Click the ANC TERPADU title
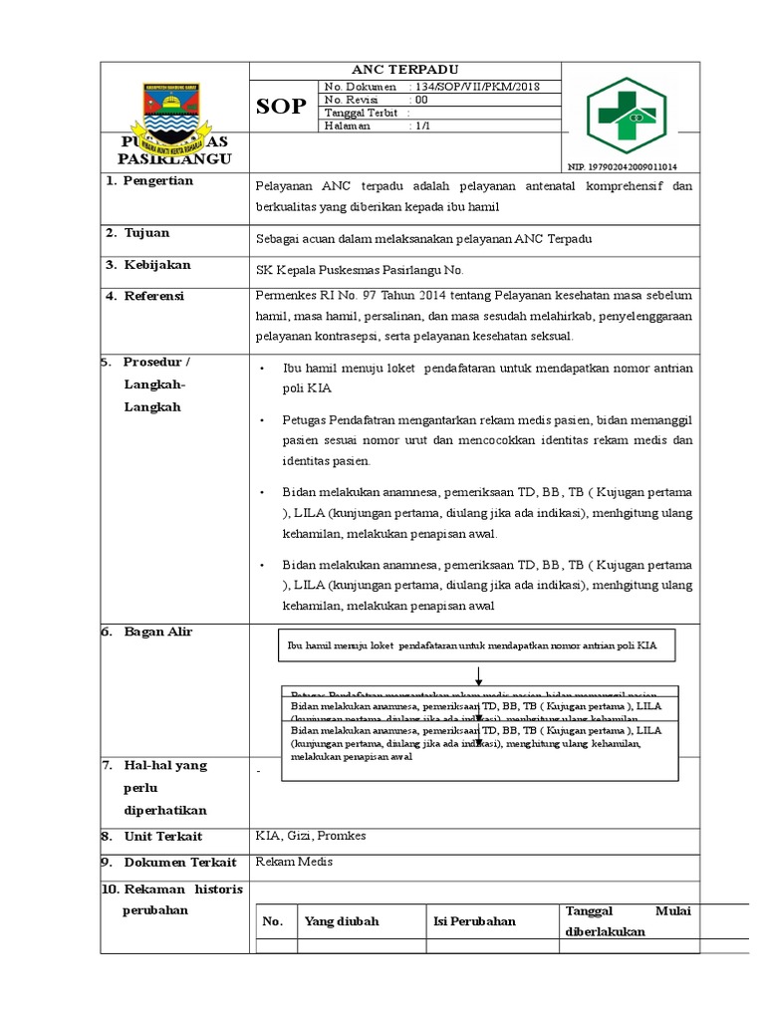[x=404, y=70]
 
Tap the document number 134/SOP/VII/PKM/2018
[x=479, y=88]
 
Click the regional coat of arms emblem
[x=174, y=110]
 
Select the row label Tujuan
[x=146, y=233]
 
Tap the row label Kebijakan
[x=156, y=265]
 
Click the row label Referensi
[x=153, y=296]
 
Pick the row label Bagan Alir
[x=157, y=633]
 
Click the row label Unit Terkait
[x=163, y=837]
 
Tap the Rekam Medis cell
[x=294, y=862]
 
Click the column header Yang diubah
[x=342, y=921]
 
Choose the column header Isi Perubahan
[x=474, y=921]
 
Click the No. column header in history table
[x=273, y=921]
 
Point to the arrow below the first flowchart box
[x=479, y=675]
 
